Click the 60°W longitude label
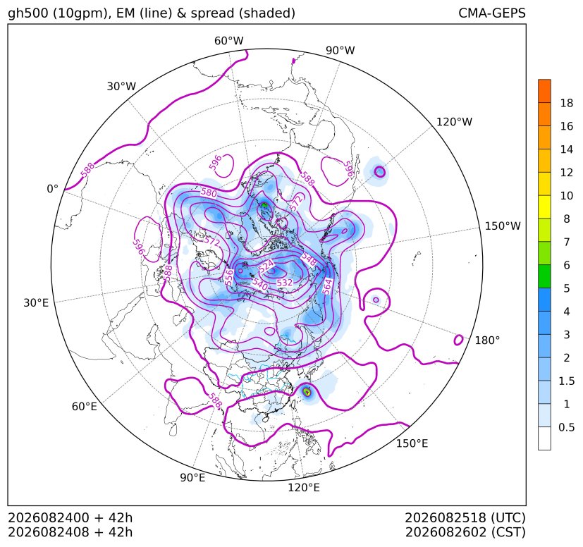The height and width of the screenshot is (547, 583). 228,41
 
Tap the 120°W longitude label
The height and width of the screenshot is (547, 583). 454,122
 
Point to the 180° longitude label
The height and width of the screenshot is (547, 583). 487,340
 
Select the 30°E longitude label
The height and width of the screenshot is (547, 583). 36,302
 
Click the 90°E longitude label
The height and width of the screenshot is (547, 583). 192,477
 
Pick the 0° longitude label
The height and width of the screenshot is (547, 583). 52,189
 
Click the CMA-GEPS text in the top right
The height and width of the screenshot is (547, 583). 492,13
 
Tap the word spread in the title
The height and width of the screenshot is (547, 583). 212,13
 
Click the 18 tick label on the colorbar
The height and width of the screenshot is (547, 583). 567,103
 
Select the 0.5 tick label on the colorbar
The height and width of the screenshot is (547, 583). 566,427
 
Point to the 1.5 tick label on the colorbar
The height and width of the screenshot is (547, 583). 566,381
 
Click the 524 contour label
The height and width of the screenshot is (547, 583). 266,266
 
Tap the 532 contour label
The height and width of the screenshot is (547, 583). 284,283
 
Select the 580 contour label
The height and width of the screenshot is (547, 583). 209,192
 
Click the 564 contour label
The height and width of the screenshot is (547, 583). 327,287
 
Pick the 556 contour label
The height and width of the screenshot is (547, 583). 229,278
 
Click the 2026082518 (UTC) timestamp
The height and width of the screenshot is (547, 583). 465,517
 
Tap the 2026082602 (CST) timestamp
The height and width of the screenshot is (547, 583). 465,532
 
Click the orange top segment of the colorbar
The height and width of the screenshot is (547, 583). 544,91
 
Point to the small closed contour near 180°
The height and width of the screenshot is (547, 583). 458,340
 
